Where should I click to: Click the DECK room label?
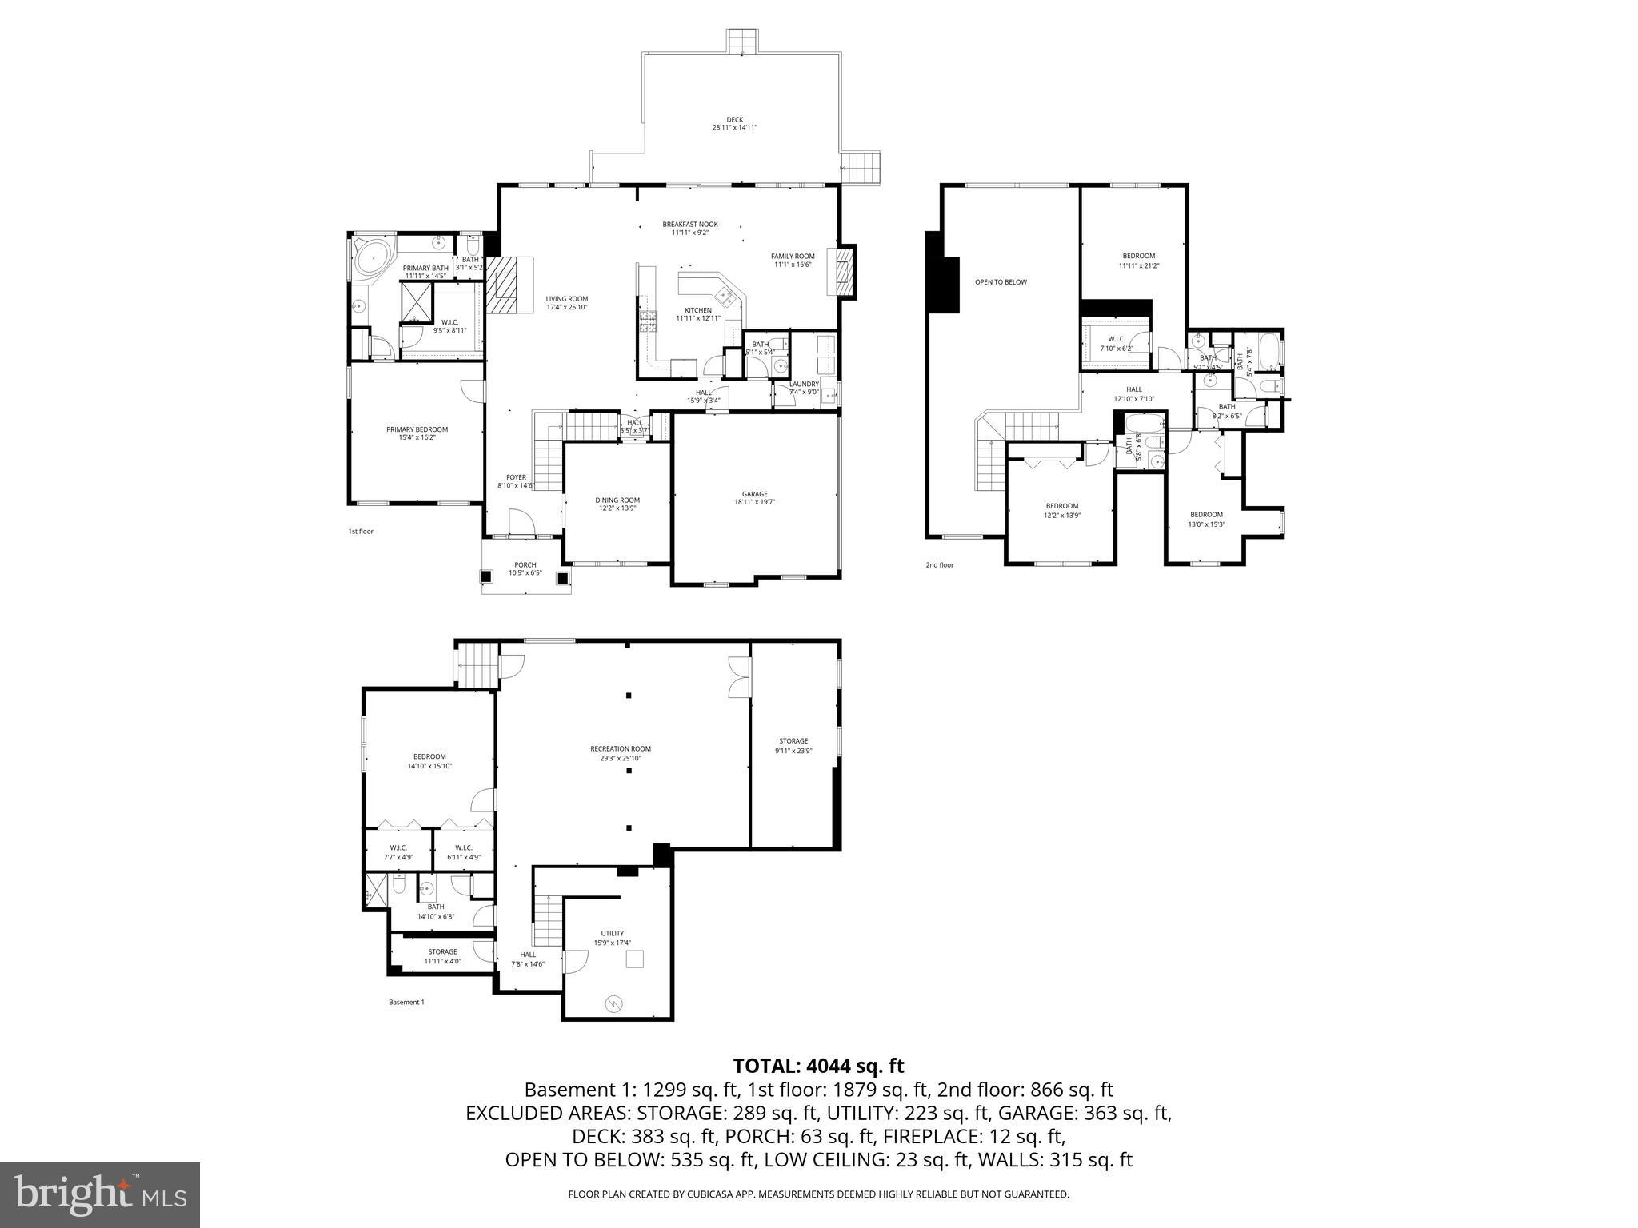pyautogui.click(x=734, y=123)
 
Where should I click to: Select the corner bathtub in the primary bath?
pyautogui.click(x=370, y=259)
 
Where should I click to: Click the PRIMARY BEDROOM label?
pyautogui.click(x=417, y=433)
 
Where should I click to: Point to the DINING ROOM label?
pyautogui.click(x=617, y=504)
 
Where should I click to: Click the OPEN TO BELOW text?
pyautogui.click(x=1000, y=282)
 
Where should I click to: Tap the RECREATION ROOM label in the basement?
pyautogui.click(x=621, y=752)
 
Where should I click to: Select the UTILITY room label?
pyautogui.click(x=613, y=937)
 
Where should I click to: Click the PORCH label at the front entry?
pyautogui.click(x=525, y=568)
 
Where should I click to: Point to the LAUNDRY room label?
pyautogui.click(x=804, y=387)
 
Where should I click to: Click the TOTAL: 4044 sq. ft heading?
pyautogui.click(x=818, y=1066)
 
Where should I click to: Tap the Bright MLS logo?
pyautogui.click(x=100, y=1195)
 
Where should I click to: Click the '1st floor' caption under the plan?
pyautogui.click(x=360, y=532)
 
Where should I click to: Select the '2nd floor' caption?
pyautogui.click(x=940, y=565)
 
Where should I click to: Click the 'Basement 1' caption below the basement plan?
pyautogui.click(x=406, y=1002)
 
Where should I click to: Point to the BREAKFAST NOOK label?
pyautogui.click(x=689, y=228)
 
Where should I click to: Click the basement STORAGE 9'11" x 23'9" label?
pyautogui.click(x=793, y=745)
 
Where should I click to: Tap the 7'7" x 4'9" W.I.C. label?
pyautogui.click(x=398, y=852)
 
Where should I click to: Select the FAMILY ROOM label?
pyautogui.click(x=793, y=260)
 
